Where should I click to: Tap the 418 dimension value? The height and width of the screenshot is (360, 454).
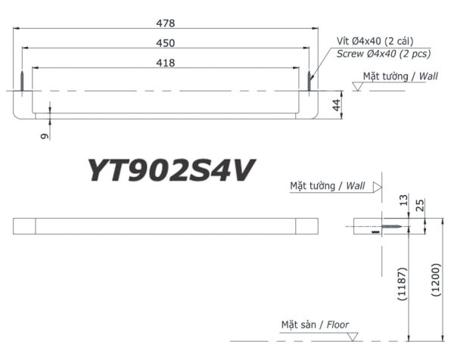[x=166, y=63]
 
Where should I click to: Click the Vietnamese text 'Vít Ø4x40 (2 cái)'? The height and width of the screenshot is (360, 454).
[x=375, y=41]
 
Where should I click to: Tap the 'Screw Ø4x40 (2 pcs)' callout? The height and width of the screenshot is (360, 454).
[x=375, y=54]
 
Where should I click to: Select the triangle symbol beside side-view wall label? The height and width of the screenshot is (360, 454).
[x=377, y=185]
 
